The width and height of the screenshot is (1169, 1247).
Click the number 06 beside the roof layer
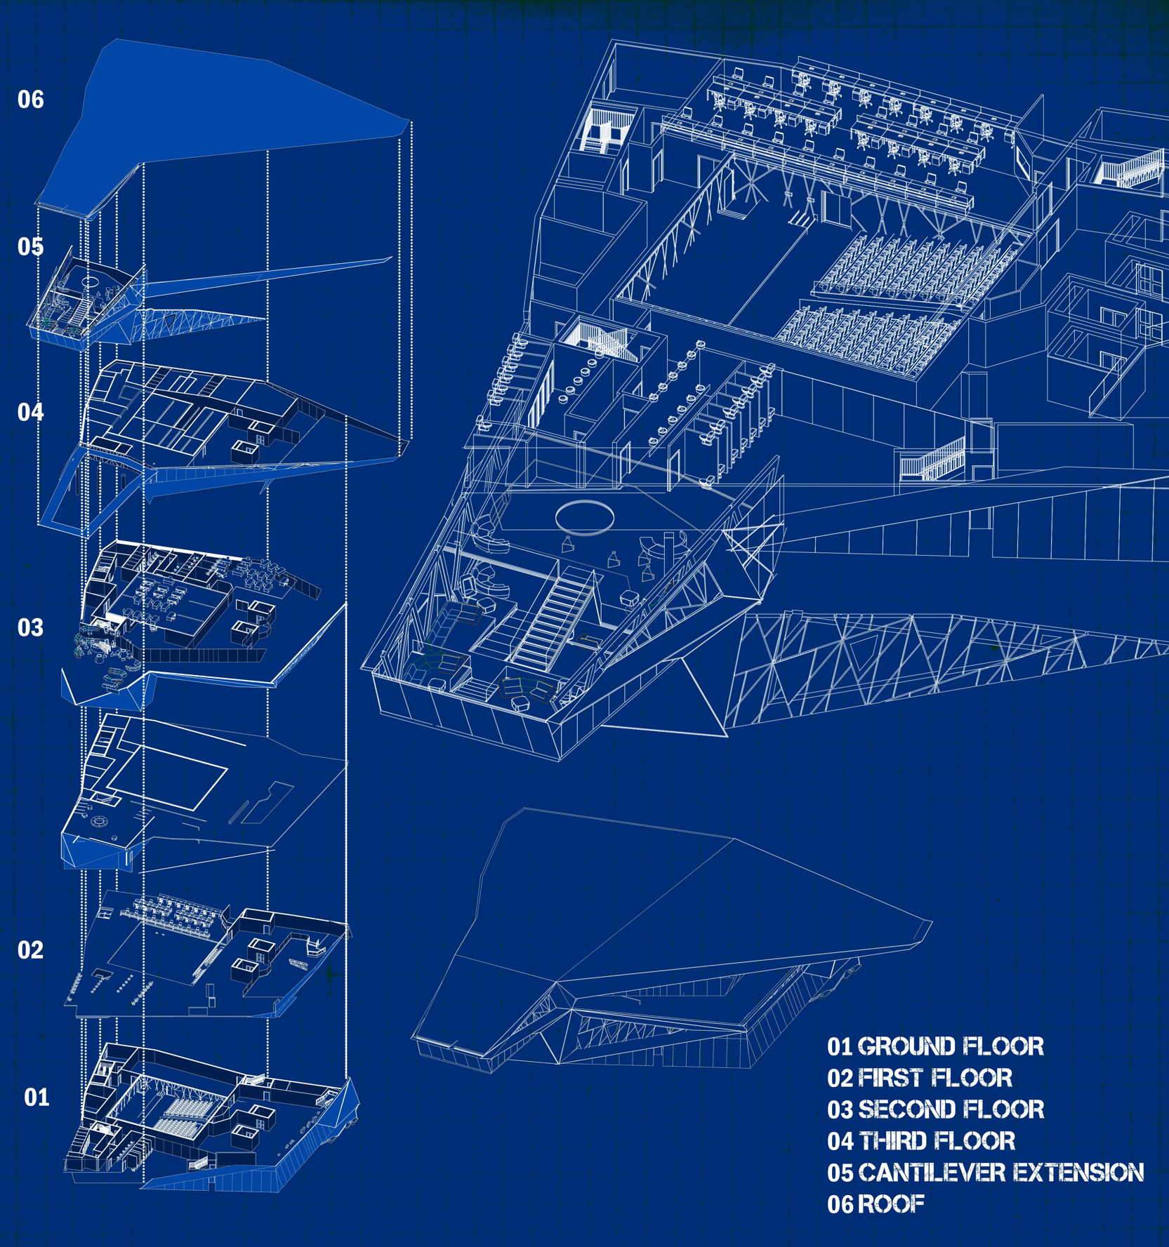[30, 100]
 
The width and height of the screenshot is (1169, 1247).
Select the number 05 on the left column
[30, 247]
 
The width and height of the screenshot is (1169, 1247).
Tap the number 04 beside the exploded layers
[30, 412]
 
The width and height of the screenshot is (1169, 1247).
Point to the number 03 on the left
[30, 627]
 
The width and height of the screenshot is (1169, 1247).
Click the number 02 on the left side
[30, 950]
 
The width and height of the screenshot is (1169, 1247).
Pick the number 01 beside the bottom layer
[37, 1097]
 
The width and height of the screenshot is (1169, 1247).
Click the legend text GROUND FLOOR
[951, 1047]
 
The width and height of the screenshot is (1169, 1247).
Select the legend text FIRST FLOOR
[935, 1078]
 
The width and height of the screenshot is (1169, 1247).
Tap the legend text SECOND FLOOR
[951, 1109]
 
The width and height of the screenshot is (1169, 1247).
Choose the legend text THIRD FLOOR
[937, 1141]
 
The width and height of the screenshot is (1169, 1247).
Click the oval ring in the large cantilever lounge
[585, 517]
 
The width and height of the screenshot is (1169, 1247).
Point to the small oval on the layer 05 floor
[90, 281]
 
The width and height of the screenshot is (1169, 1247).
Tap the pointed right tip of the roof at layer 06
[408, 122]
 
